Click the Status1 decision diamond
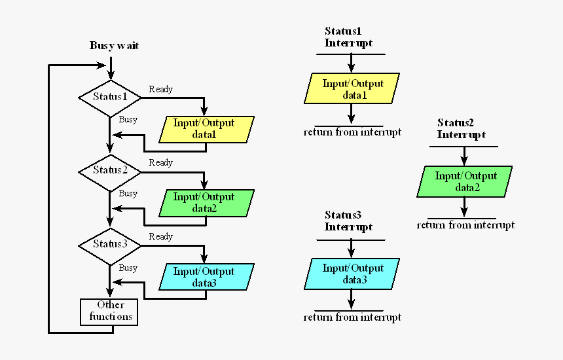coord(110,97)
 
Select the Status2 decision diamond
coord(110,170)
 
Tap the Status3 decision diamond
coord(110,244)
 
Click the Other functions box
coord(110,312)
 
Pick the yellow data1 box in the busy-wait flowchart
coord(206,129)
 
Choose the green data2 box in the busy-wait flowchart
coord(206,203)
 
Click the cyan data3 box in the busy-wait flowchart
coord(206,277)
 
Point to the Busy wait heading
coord(114,46)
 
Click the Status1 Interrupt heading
coord(348,37)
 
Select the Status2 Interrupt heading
coord(462,129)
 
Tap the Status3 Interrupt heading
coord(348,221)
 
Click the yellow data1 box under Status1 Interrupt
coord(353,90)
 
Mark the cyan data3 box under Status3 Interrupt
coord(353,274)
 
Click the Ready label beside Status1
coord(161,89)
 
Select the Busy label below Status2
coord(128,194)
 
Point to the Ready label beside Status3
coord(161,236)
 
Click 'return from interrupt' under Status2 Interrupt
coord(465,225)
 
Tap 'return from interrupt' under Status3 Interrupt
coord(352,317)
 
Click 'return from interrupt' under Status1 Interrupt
coord(352,133)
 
